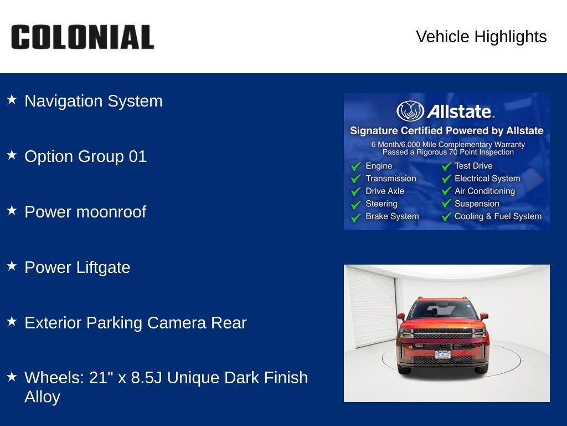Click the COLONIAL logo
(83, 37)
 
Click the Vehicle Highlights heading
(481, 37)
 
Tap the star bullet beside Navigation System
(12, 99)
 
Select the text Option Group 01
(85, 156)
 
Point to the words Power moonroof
(85, 212)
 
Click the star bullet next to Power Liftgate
(12, 266)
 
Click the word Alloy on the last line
(42, 397)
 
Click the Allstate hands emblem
(410, 111)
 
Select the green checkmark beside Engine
(356, 166)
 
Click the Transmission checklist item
(390, 179)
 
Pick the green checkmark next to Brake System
(356, 217)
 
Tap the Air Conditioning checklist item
(484, 191)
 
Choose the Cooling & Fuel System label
(498, 216)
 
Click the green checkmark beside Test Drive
(447, 166)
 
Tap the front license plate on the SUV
(442, 354)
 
